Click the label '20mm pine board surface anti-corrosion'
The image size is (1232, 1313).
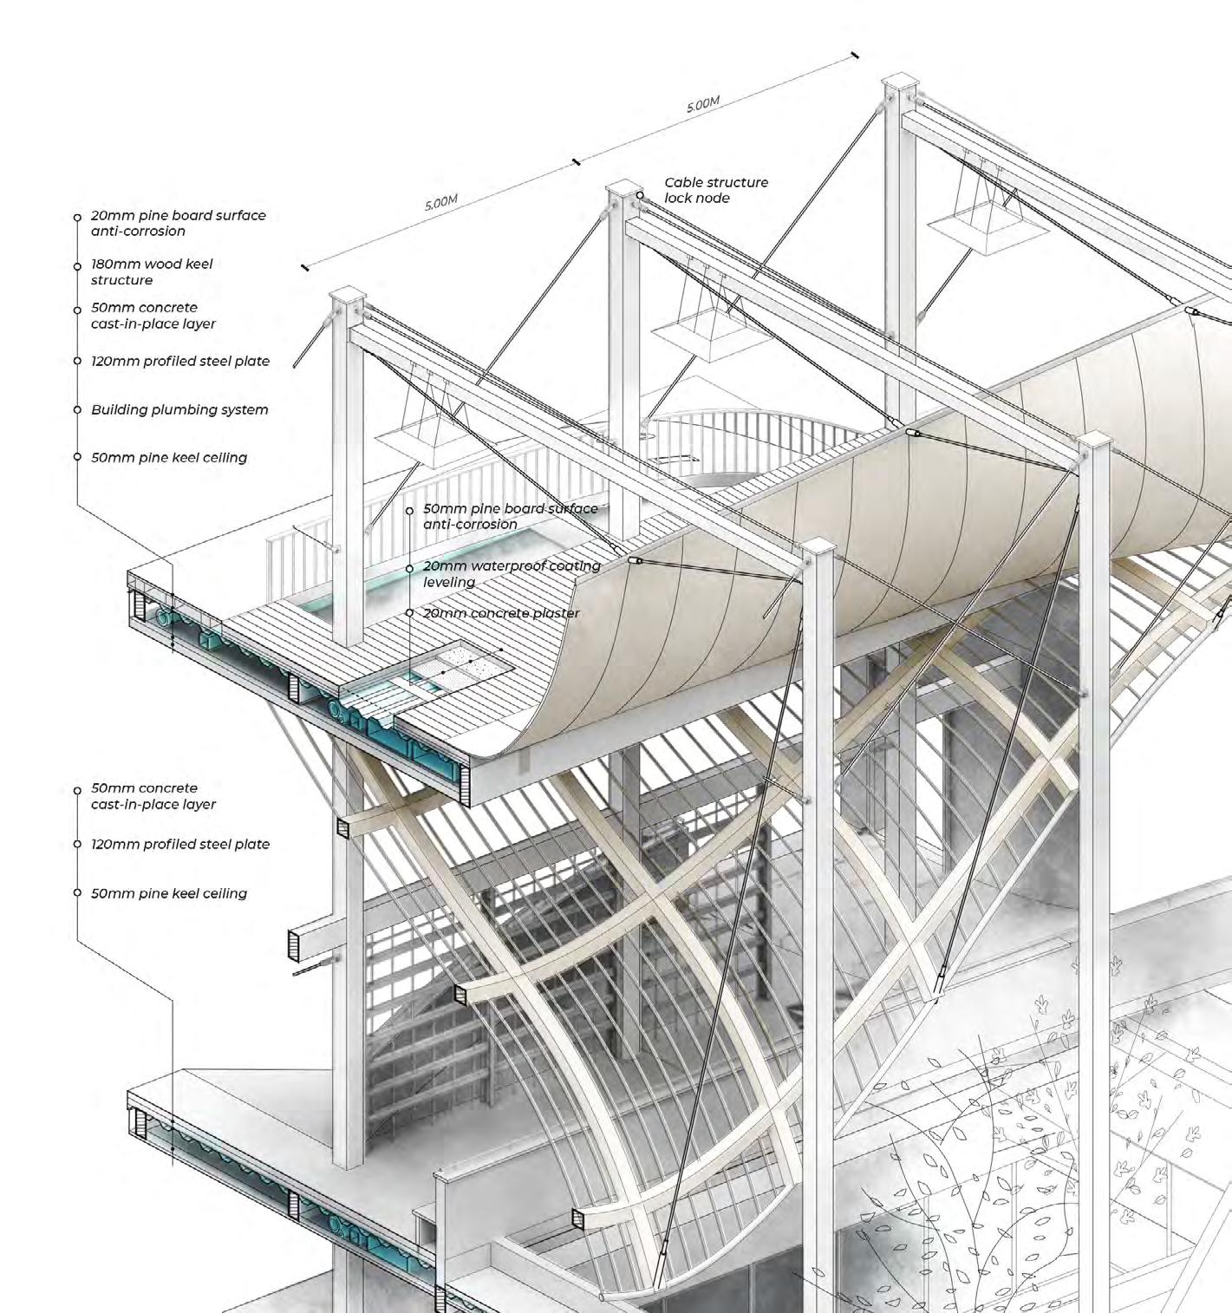[178, 223]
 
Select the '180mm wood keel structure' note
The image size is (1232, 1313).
[151, 271]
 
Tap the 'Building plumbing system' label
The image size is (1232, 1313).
[179, 409]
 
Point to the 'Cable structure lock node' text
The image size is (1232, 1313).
[715, 190]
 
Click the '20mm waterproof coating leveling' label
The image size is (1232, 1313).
[512, 573]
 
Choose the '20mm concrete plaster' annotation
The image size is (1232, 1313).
[501, 613]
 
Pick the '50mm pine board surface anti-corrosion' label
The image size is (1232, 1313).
[510, 516]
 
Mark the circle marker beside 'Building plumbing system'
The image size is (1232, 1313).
[77, 409]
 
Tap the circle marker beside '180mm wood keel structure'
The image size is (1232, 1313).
[77, 265]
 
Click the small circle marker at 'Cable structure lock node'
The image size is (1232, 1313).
[641, 195]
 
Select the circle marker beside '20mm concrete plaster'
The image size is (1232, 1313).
[409, 613]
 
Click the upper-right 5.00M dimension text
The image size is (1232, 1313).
[703, 104]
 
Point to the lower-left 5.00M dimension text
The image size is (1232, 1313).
[440, 203]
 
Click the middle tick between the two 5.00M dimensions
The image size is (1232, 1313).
[576, 161]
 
